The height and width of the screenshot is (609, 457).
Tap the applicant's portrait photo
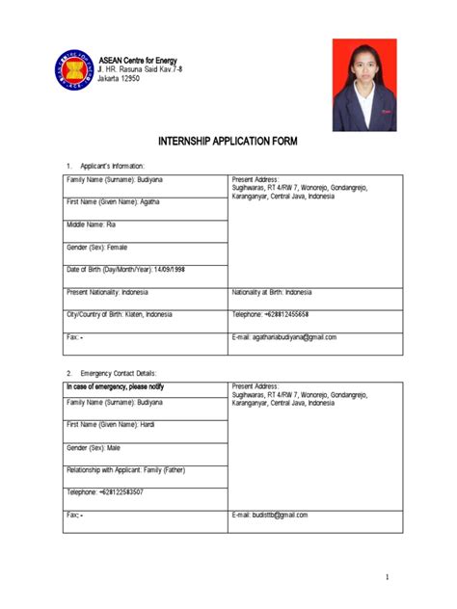(363, 85)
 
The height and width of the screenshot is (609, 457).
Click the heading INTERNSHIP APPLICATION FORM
(228, 141)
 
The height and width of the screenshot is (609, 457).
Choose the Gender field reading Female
(96, 247)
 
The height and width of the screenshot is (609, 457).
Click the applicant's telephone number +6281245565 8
(287, 315)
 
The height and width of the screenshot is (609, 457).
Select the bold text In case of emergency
(115, 386)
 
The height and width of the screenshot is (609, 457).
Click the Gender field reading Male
(94, 447)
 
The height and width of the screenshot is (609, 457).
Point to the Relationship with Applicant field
(125, 469)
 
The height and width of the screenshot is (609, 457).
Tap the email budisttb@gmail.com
(281, 515)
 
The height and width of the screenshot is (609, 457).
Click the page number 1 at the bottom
(386, 577)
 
